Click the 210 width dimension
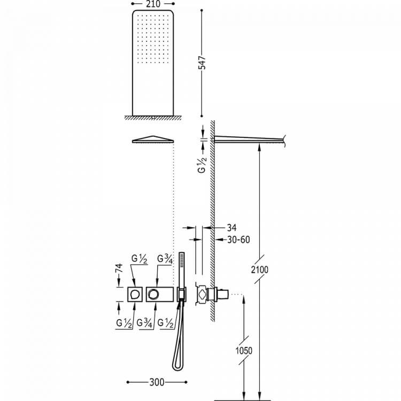(153, 4)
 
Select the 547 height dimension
(203, 63)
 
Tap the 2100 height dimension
(259, 269)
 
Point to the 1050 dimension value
(244, 350)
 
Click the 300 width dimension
(157, 382)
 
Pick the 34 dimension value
(232, 228)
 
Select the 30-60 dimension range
(238, 240)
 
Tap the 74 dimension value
(119, 268)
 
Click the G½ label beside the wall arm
(202, 165)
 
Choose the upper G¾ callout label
(165, 259)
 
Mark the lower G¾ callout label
(144, 323)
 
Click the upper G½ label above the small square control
(139, 259)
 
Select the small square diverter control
(135, 295)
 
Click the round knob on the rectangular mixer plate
(153, 295)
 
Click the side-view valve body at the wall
(206, 294)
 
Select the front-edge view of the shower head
(153, 140)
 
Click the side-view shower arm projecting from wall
(249, 140)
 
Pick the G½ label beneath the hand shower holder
(165, 323)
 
